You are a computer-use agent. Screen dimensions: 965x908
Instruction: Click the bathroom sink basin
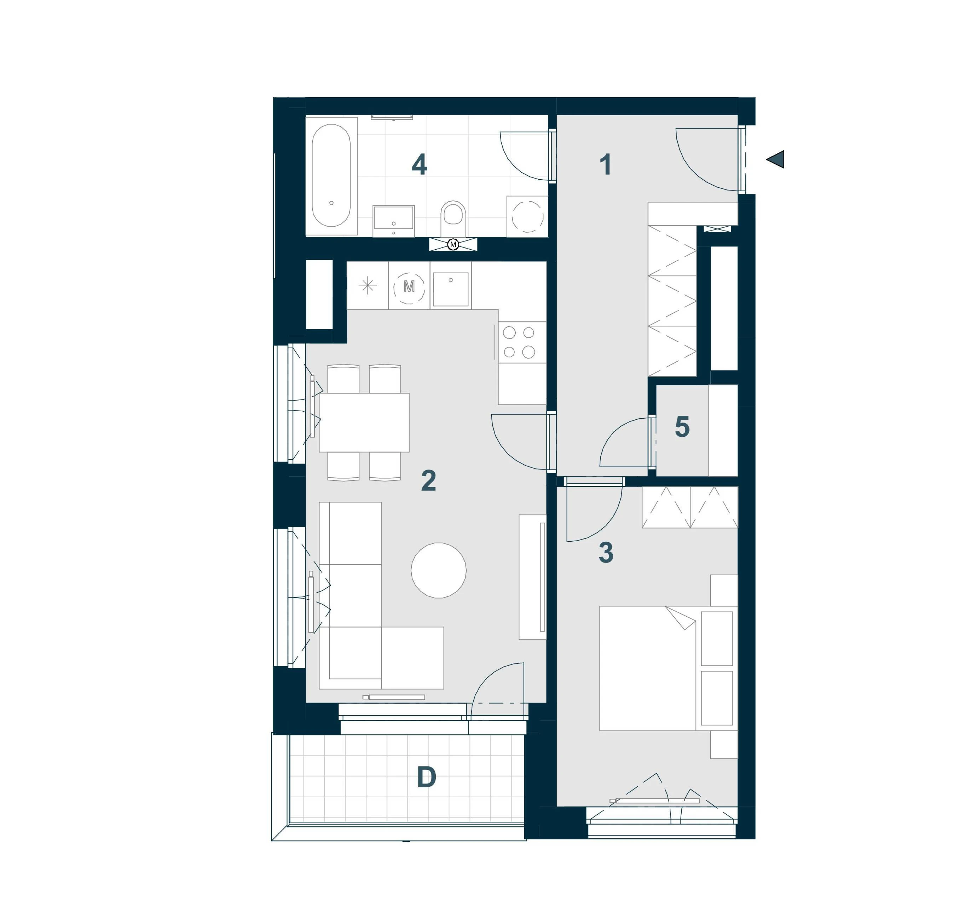[394, 221]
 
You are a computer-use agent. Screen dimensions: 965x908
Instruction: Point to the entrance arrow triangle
[776, 159]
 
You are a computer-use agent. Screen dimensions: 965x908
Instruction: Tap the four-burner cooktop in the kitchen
[519, 342]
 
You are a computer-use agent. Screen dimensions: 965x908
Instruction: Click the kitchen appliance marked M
[409, 286]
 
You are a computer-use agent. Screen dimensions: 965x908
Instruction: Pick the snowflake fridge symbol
[368, 285]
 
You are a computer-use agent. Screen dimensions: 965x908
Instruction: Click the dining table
[364, 422]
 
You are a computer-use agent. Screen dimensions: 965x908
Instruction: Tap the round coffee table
[439, 570]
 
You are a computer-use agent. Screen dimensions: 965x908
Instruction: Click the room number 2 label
[429, 481]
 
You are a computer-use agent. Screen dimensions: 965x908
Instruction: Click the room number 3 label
[606, 552]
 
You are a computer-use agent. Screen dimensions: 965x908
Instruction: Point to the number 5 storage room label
[682, 427]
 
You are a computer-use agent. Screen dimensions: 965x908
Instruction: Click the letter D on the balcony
[427, 777]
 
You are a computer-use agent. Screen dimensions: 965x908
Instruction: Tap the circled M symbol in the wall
[453, 245]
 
